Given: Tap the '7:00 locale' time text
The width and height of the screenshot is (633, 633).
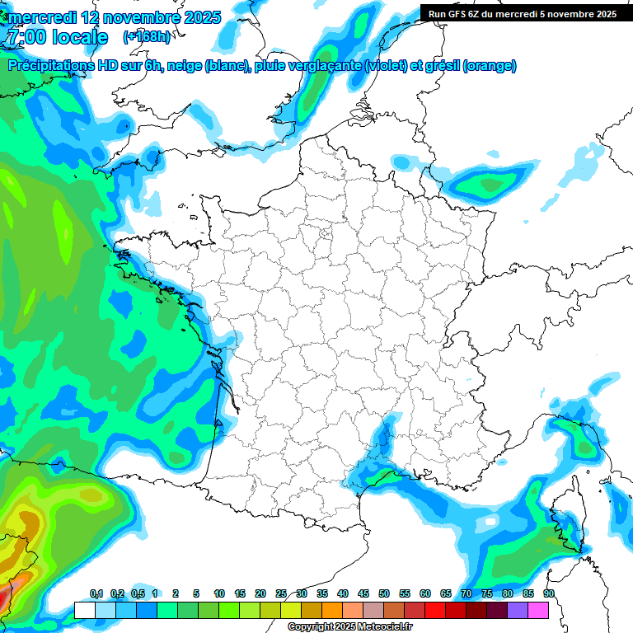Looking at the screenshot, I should point(56,37).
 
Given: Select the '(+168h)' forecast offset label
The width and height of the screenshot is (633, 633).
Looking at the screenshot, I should point(147,36).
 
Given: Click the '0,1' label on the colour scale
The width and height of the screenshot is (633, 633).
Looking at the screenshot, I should point(96,594).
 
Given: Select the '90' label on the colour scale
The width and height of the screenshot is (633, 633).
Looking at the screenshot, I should point(549,594).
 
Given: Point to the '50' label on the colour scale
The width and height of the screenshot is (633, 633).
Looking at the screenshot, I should point(384,594).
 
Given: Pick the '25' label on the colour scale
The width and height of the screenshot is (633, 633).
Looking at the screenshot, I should point(281,594).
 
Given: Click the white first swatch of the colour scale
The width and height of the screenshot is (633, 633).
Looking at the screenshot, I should point(84,610).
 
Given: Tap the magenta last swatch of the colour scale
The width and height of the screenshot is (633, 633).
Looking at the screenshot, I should point(538,610).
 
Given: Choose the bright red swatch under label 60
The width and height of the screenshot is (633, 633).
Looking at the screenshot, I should point(435,610).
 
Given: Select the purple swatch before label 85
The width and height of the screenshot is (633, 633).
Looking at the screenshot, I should point(518,610).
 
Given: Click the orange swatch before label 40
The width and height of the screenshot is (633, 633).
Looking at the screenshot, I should point(332,610).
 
